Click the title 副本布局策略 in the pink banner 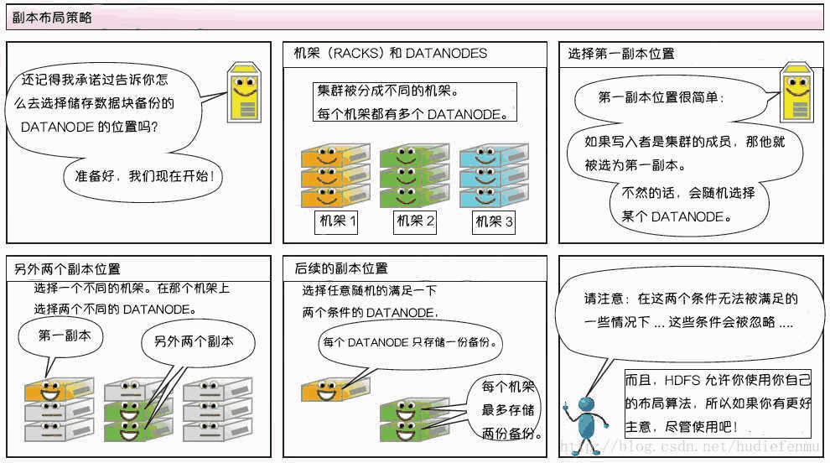[x=52, y=18]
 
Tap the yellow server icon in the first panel [x=244, y=93]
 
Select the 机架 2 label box [x=416, y=221]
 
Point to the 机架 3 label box [x=493, y=221]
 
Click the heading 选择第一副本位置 [x=621, y=54]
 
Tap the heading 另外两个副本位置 [x=67, y=269]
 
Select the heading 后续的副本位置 [x=341, y=268]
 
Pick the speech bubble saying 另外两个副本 [x=198, y=341]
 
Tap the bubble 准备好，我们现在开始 [x=143, y=176]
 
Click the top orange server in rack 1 [x=335, y=156]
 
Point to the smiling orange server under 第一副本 [x=59, y=390]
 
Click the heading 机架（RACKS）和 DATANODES [x=391, y=54]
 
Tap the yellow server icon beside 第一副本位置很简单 [x=797, y=93]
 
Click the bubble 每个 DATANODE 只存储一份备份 [x=411, y=343]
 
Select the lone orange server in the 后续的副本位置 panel [x=335, y=390]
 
